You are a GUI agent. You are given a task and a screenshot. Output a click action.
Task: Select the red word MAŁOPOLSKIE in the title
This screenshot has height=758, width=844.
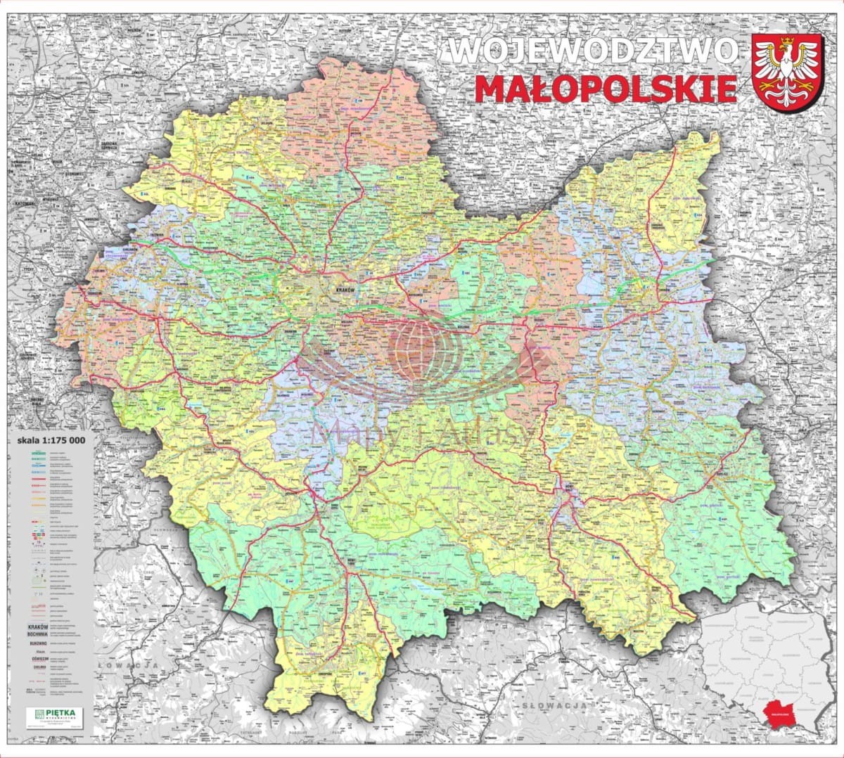coord(606,89)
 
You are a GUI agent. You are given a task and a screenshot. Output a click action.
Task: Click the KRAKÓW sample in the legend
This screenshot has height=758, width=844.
coord(37,626)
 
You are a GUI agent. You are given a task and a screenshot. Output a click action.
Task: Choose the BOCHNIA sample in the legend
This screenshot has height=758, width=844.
coord(37,634)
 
